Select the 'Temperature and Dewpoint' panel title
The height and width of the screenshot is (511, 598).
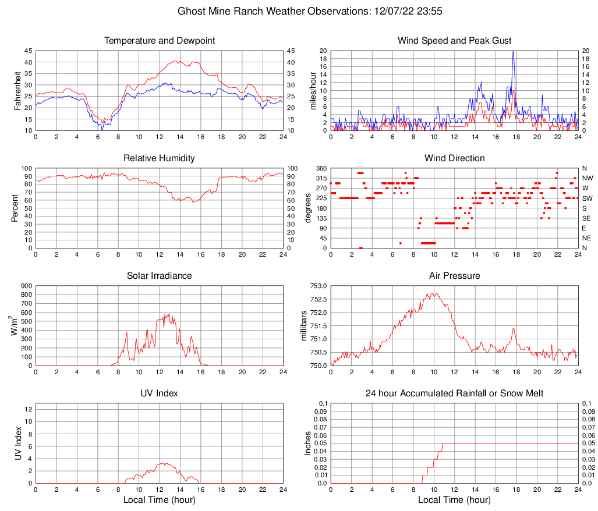tap(160, 41)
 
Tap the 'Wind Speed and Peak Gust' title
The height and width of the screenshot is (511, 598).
tap(454, 41)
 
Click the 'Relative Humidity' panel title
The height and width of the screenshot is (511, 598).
tap(160, 158)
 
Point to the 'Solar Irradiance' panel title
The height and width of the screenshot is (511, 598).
tap(160, 276)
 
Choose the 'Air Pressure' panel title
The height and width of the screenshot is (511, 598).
tap(454, 276)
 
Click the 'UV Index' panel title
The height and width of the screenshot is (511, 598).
tap(160, 393)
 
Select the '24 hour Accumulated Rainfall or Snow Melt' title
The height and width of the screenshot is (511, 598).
tap(454, 393)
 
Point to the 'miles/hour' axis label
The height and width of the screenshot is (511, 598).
tap(312, 91)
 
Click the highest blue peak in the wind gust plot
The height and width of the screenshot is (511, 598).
tap(513, 52)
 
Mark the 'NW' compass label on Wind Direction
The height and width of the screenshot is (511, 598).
tap(588, 178)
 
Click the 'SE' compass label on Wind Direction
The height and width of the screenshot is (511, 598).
tap(587, 218)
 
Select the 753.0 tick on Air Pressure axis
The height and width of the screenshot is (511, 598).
tap(318, 286)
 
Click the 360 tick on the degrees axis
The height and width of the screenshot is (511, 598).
tap(320, 168)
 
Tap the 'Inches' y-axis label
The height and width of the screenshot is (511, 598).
tap(308, 443)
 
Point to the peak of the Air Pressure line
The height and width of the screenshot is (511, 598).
tap(433, 294)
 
